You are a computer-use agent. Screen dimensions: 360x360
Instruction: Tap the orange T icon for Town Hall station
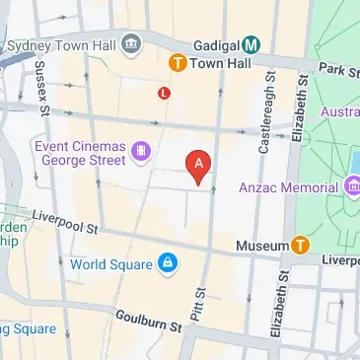(178, 62)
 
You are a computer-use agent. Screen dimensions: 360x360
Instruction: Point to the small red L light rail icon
(164, 93)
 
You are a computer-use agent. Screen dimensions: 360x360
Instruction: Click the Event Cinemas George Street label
(79, 153)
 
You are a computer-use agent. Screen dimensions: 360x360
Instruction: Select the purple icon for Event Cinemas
(142, 152)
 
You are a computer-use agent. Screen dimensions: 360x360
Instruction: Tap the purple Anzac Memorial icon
(352, 185)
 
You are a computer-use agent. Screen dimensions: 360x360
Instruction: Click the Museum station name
(262, 244)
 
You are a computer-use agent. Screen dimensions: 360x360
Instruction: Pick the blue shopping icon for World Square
(170, 263)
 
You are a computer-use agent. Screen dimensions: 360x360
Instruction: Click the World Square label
(111, 263)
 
